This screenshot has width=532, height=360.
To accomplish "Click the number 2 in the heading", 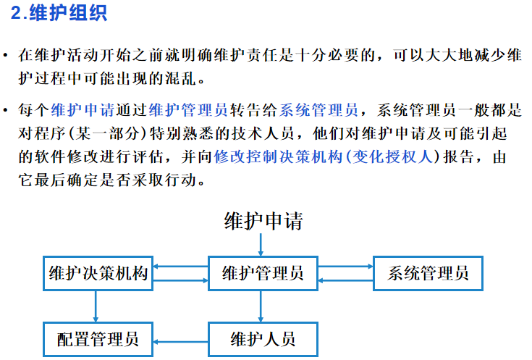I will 16,14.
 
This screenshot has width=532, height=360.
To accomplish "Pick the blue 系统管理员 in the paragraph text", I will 318,111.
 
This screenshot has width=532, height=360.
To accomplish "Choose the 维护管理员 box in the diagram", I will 262,273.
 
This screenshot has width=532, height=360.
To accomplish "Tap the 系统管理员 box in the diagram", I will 428,273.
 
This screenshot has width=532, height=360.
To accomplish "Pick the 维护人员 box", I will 262,339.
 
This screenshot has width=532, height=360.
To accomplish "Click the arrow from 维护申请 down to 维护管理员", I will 262,245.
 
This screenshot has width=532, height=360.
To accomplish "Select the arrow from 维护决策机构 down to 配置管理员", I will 96,306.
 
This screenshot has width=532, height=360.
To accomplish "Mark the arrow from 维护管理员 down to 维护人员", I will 262,306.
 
